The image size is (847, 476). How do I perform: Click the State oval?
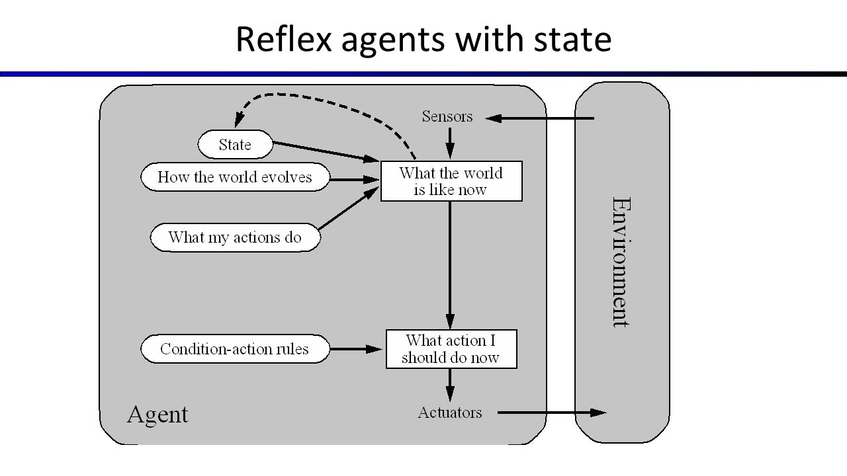235,144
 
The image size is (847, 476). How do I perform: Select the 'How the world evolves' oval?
235,177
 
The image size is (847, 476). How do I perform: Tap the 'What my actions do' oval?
235,237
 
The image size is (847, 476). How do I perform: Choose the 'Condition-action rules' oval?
235,348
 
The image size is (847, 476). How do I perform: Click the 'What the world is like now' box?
451,181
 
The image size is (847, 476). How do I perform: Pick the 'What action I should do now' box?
451,348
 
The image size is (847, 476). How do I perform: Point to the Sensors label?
447,116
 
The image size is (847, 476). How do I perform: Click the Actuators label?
450,413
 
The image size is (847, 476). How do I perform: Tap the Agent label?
157,415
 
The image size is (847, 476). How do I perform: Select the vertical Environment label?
621,262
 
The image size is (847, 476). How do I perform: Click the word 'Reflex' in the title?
284,39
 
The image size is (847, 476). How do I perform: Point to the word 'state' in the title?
572,40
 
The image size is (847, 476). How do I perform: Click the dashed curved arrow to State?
322,100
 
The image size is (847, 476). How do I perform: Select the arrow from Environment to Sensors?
539,118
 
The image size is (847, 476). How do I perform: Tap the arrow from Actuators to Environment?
552,413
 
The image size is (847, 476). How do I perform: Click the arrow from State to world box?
326,152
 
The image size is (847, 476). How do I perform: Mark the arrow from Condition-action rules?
355,348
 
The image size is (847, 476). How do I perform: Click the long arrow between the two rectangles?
450,265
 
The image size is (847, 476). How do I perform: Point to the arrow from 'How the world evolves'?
355,180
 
